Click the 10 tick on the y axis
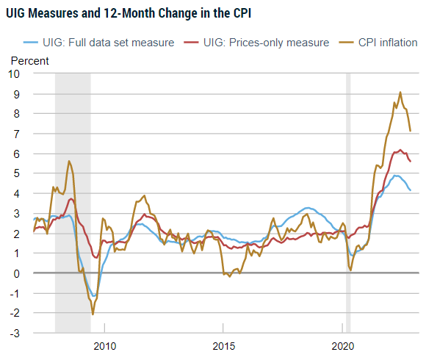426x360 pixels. pyautogui.click(x=15, y=73)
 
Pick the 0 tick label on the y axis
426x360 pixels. pyautogui.click(x=19, y=273)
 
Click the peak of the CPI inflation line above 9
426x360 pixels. pyautogui.click(x=400, y=93)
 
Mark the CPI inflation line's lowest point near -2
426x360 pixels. pyautogui.click(x=93, y=314)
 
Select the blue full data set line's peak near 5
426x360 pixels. pyautogui.click(x=396, y=176)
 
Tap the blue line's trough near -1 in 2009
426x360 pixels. pyautogui.click(x=93, y=296)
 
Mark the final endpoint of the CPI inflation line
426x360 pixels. pyautogui.click(x=410, y=131)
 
